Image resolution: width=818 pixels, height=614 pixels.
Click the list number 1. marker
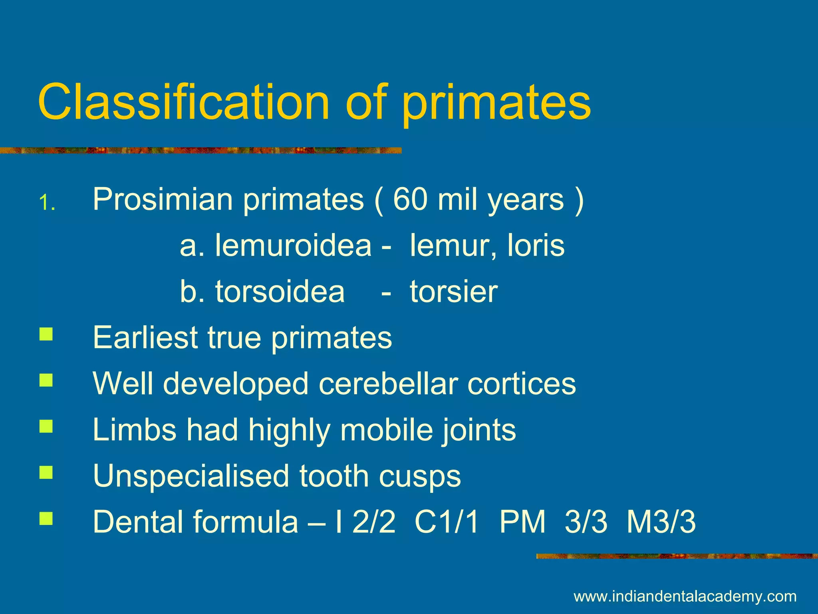point(47,203)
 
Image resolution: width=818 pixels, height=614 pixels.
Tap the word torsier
point(454,291)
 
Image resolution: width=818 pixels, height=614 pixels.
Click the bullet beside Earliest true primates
point(46,334)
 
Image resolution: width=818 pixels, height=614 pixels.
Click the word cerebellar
point(388,384)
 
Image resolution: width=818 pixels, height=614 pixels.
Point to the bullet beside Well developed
point(46,380)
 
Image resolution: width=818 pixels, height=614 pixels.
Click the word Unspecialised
point(191,476)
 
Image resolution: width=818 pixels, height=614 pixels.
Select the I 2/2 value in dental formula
point(366,522)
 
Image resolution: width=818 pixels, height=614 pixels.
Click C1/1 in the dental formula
point(447,522)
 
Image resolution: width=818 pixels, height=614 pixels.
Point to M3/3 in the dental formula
point(661,522)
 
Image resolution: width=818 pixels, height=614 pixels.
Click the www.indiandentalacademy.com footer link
point(685,596)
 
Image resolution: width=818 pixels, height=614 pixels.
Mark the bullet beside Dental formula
point(46,518)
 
